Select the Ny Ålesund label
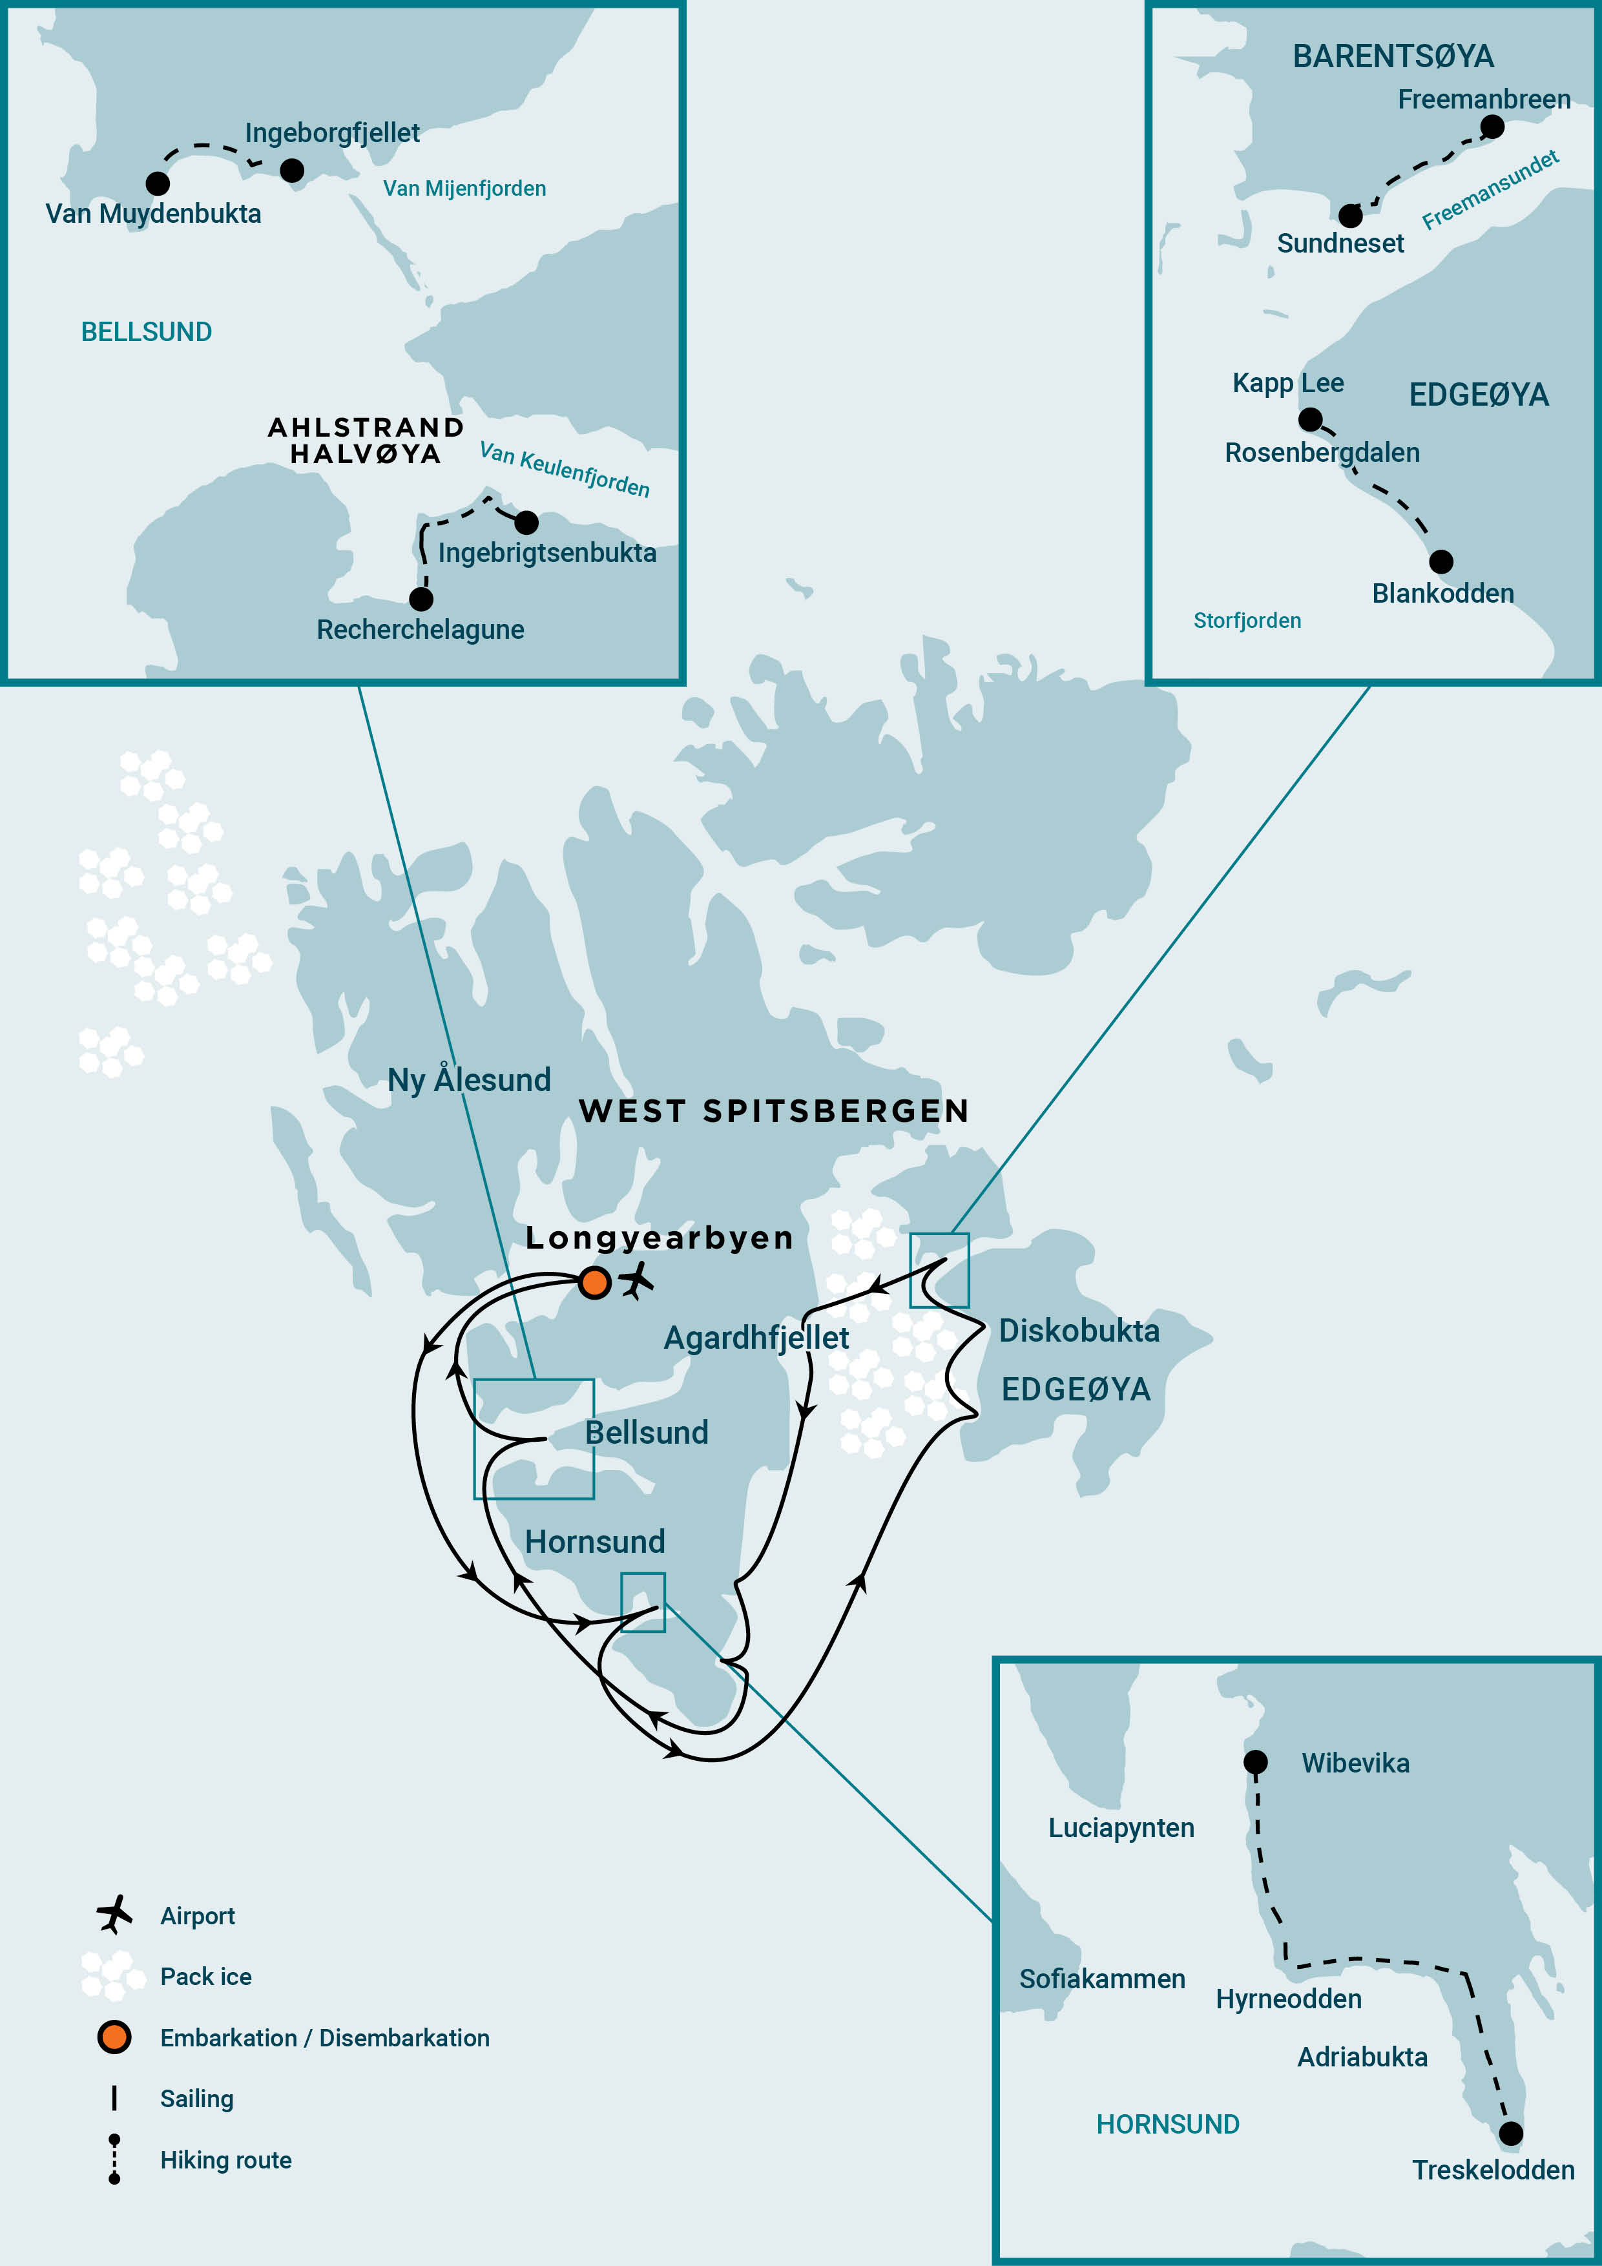[469, 1079]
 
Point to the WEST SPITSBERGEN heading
[774, 1111]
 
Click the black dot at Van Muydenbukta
[157, 183]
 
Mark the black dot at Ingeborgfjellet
[292, 171]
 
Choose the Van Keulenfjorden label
[565, 469]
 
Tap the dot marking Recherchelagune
[421, 599]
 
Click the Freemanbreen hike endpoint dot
[1492, 127]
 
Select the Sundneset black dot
[1350, 215]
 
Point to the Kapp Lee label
[1288, 383]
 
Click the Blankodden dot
[1441, 561]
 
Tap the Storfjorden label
[1247, 621]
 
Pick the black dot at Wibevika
[1256, 1762]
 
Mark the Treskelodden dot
[1510, 2134]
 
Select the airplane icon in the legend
[114, 1914]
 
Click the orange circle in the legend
[114, 2037]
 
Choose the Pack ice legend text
[205, 1976]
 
